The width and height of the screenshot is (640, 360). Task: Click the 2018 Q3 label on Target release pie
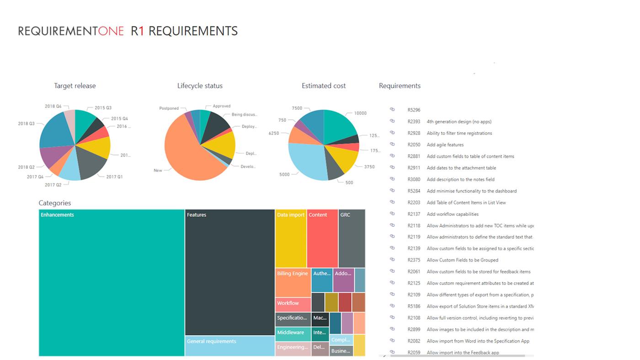pyautogui.click(x=26, y=124)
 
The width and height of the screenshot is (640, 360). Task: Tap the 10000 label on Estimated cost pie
pyautogui.click(x=360, y=113)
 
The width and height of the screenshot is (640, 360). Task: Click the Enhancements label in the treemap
pyautogui.click(x=57, y=215)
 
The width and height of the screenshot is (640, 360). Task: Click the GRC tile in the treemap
pyautogui.click(x=352, y=238)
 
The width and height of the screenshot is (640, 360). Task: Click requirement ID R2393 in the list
pyautogui.click(x=414, y=122)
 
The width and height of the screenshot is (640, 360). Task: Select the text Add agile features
pyautogui.click(x=445, y=145)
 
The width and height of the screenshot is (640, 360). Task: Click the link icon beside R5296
pyautogui.click(x=392, y=110)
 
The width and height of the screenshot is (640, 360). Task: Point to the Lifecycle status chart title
pyautogui.click(x=200, y=86)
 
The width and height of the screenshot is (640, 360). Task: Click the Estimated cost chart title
pyautogui.click(x=324, y=86)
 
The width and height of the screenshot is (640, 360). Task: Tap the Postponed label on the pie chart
pyautogui.click(x=169, y=108)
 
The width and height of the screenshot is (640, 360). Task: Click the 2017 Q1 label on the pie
pyautogui.click(x=114, y=177)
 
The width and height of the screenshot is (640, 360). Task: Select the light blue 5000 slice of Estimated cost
pyautogui.click(x=306, y=160)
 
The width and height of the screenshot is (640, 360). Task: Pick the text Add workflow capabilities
pyautogui.click(x=453, y=214)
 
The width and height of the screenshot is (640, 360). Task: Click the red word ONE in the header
pyautogui.click(x=111, y=31)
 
